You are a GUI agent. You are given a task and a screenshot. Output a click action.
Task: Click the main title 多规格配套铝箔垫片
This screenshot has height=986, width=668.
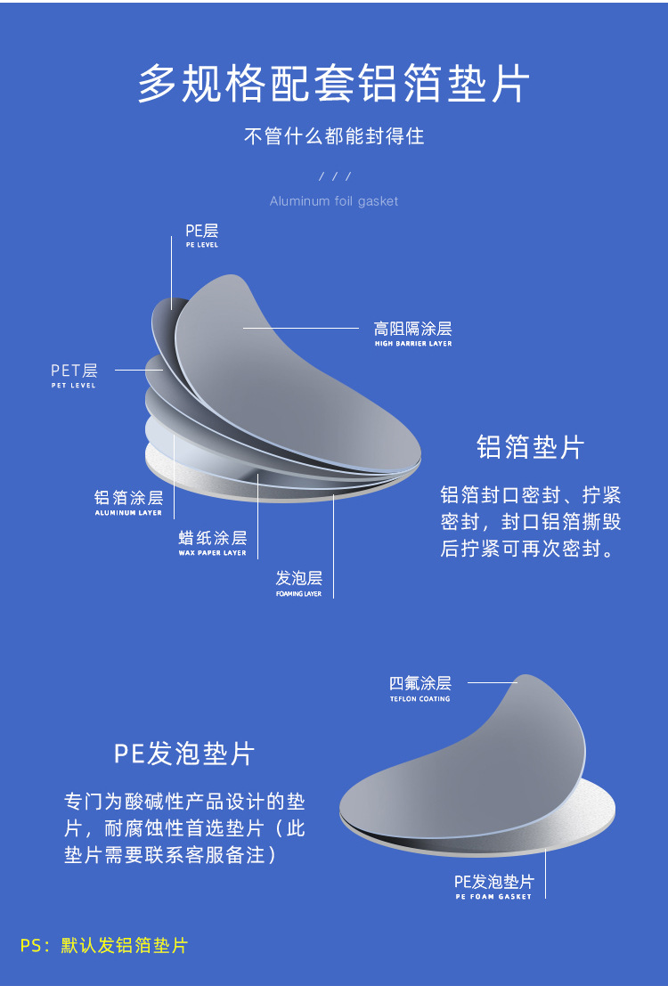[334, 86]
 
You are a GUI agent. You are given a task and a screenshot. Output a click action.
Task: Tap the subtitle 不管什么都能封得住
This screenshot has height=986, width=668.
[334, 136]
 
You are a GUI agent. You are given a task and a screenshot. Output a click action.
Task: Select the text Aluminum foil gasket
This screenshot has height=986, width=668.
[334, 201]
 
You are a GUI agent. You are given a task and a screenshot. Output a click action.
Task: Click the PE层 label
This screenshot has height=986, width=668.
[202, 232]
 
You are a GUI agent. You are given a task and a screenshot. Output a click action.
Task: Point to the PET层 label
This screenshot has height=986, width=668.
[74, 371]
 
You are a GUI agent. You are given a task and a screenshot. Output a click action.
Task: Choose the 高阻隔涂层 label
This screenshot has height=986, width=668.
[412, 330]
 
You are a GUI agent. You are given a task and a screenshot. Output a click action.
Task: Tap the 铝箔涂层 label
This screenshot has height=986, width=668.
[129, 498]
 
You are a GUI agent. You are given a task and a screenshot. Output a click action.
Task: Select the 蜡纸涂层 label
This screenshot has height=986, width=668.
[213, 538]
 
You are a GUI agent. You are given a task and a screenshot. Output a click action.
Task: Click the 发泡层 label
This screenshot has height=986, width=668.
[299, 578]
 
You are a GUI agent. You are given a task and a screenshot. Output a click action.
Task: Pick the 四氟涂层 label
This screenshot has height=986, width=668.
[420, 683]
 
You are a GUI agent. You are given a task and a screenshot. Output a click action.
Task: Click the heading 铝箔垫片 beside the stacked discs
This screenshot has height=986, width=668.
[530, 446]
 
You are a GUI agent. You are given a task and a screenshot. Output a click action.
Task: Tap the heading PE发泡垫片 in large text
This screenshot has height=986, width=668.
[184, 754]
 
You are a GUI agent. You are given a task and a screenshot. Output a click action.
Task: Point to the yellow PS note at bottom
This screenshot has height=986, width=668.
[104, 946]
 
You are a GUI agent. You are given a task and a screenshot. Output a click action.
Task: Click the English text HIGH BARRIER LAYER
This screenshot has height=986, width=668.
[413, 344]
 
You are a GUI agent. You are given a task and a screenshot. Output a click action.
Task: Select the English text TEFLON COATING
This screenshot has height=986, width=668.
[420, 699]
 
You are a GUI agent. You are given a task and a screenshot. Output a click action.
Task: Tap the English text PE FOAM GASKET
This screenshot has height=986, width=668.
[493, 897]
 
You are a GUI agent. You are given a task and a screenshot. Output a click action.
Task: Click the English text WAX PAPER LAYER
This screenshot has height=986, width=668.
[213, 553]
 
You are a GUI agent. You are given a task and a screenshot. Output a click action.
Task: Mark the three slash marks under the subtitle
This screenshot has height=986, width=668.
[335, 176]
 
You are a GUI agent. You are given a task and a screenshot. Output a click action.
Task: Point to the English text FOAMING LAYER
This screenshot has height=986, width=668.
[299, 593]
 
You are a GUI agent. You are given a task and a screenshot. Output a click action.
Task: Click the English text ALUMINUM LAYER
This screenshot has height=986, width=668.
[129, 513]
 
